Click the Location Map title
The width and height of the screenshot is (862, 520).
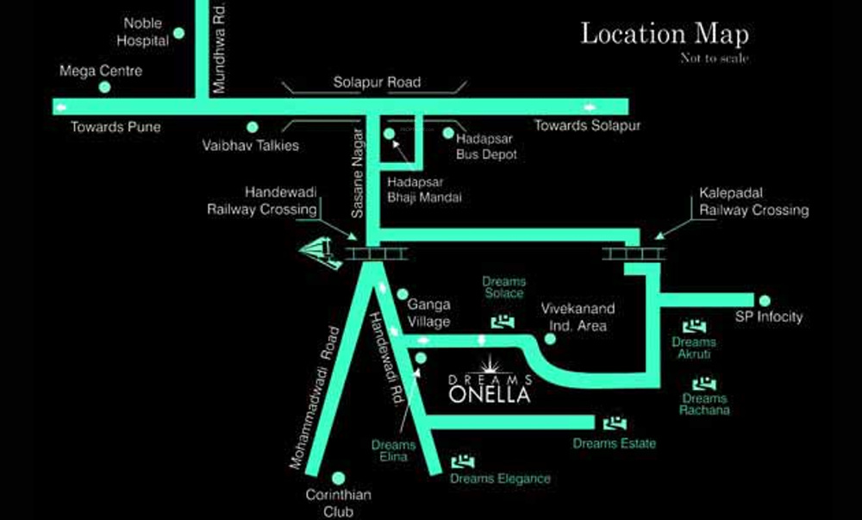click(x=665, y=34)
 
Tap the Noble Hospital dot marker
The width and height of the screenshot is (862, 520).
click(x=179, y=33)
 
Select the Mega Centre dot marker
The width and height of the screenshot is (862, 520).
click(x=104, y=86)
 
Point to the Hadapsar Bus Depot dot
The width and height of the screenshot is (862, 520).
click(x=447, y=133)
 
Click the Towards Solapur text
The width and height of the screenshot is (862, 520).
click(x=587, y=126)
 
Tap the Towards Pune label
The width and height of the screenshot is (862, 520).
click(x=116, y=127)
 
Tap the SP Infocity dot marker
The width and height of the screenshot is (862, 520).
click(x=764, y=300)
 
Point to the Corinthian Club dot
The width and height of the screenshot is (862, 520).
click(x=339, y=477)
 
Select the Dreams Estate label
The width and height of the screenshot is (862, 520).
click(x=615, y=443)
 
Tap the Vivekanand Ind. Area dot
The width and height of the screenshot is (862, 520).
click(x=550, y=339)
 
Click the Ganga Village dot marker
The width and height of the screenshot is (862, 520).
click(x=402, y=294)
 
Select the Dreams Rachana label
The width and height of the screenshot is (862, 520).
click(x=705, y=404)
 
